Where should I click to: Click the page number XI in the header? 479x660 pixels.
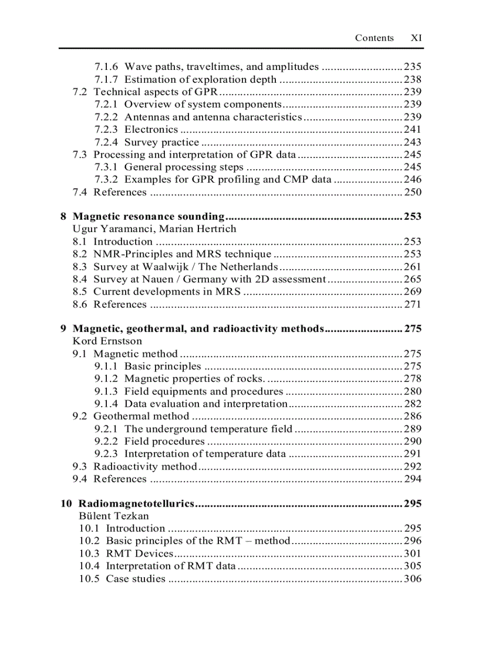click(x=416, y=38)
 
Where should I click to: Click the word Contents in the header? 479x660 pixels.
click(x=374, y=38)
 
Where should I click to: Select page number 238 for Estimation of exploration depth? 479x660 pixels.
click(x=413, y=79)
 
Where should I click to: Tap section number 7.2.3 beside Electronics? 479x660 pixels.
click(x=106, y=129)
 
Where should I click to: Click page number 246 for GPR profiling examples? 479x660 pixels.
click(x=413, y=179)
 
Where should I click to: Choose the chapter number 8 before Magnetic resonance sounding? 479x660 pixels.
click(x=63, y=216)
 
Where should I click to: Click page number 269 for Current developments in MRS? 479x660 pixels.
click(x=413, y=292)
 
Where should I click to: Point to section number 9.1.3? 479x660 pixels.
click(x=106, y=391)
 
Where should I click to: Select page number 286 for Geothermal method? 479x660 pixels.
click(x=413, y=416)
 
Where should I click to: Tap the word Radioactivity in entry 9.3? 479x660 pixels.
click(x=122, y=467)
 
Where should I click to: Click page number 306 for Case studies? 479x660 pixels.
click(x=413, y=579)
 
